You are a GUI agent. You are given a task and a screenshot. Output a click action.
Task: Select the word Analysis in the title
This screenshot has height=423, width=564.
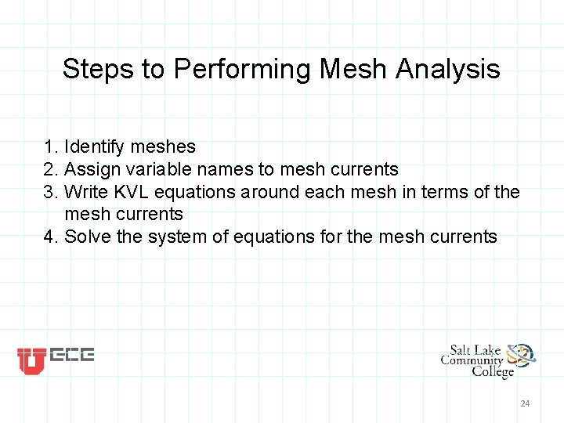point(448,69)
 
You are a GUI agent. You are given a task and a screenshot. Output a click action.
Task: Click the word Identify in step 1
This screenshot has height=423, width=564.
point(92,147)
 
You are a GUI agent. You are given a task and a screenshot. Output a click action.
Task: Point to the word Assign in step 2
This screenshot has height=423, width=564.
point(86,169)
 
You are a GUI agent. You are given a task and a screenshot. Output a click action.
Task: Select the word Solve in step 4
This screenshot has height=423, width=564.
point(87,237)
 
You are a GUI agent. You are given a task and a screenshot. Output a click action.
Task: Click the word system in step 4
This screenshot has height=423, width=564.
point(174,237)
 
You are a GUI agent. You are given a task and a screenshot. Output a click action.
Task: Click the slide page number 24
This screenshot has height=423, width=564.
point(525,403)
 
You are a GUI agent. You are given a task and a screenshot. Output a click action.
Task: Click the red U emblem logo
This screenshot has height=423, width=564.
point(31,360)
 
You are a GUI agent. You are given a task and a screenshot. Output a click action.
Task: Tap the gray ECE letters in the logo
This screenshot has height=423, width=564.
point(72,356)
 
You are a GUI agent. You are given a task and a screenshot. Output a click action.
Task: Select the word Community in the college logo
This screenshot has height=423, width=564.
point(472,360)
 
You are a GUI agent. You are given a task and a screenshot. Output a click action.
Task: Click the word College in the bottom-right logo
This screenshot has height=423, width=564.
point(492,372)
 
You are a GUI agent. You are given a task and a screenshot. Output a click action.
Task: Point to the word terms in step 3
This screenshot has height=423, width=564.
point(449,192)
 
